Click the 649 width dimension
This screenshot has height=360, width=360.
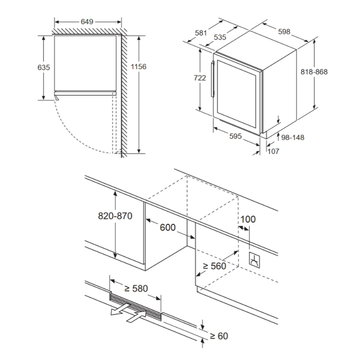click(x=88, y=21)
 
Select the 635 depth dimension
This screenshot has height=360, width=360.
click(x=44, y=68)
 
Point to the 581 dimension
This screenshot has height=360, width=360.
click(x=201, y=32)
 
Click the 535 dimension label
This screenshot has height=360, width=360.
click(x=220, y=37)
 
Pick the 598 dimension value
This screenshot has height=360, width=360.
click(x=284, y=31)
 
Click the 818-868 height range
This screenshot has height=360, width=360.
click(x=314, y=72)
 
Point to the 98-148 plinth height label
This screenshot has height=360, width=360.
click(x=293, y=137)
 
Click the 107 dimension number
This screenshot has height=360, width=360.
click(x=274, y=151)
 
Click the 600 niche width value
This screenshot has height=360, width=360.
click(x=168, y=227)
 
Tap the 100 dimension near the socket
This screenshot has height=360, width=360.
click(x=247, y=219)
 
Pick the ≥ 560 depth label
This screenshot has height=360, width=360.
click(x=214, y=266)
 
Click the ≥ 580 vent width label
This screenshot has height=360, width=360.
click(x=136, y=288)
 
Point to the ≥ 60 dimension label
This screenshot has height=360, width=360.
click(x=219, y=335)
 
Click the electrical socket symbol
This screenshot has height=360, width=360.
click(x=254, y=260)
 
